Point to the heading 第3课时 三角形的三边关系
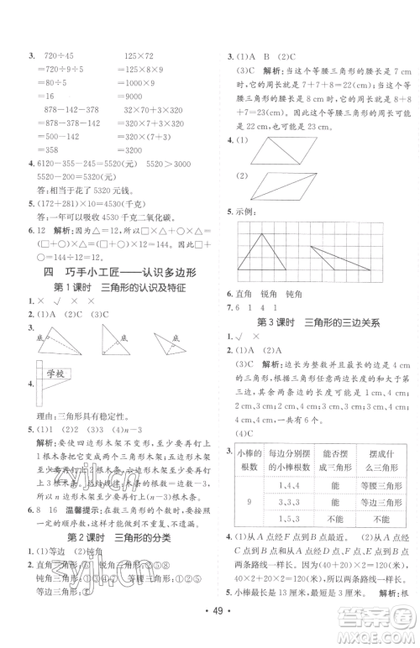point(318,321)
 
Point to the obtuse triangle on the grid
point(336,259)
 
